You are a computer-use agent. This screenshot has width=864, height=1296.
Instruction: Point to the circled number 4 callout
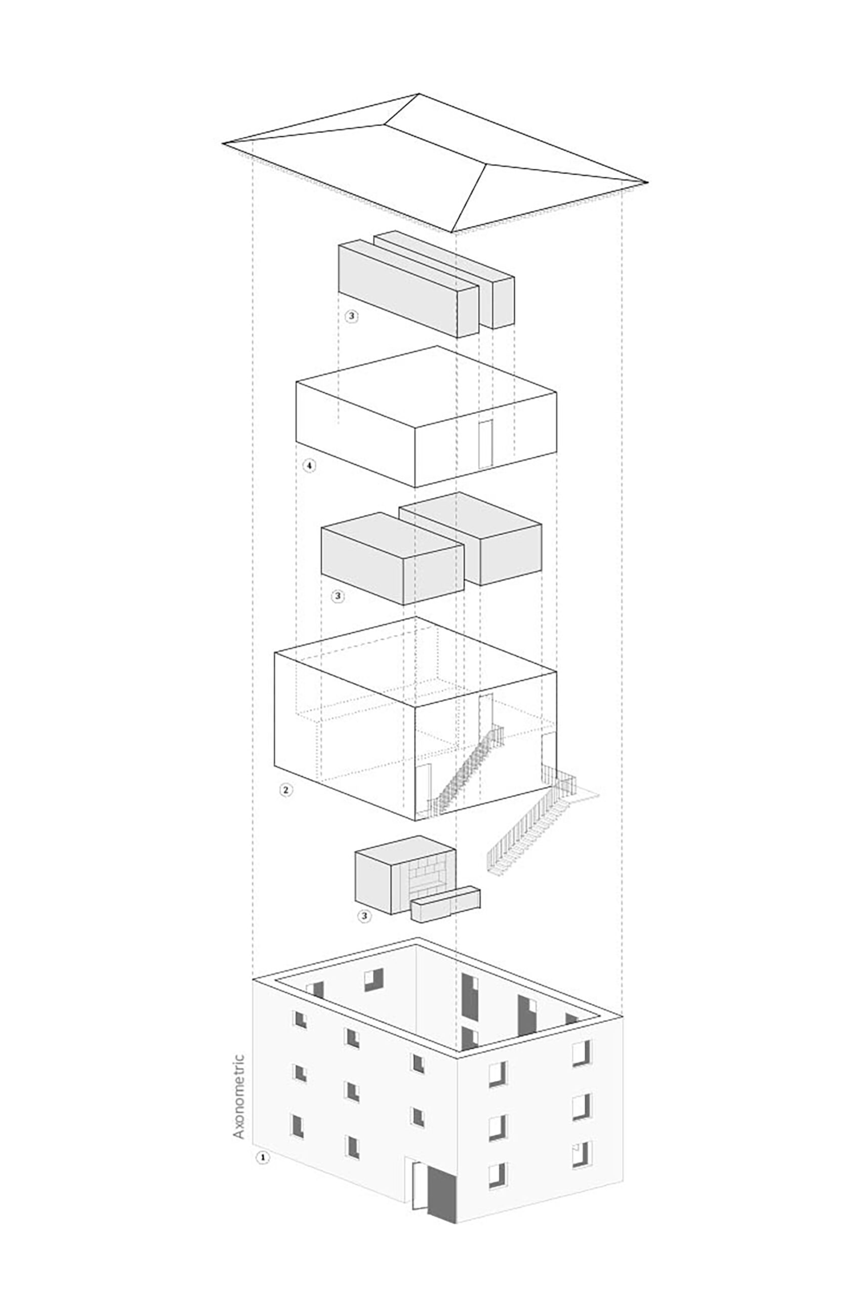310,466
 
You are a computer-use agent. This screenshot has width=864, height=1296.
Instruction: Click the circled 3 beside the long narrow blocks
351,316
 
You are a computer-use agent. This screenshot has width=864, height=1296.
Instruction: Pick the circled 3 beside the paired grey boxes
338,596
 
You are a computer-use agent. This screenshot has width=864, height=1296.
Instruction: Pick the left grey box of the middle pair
392,559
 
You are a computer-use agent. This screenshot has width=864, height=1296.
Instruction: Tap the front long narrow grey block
408,288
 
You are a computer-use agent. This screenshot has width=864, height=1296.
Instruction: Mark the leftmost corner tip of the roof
223,144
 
